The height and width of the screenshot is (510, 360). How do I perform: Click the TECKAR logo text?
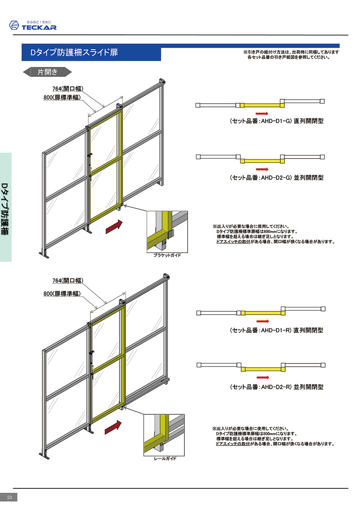pyautogui.click(x=39, y=27)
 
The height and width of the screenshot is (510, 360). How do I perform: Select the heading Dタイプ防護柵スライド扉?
pyautogui.click(x=74, y=52)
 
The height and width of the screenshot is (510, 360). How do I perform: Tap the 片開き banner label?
pyautogui.click(x=47, y=72)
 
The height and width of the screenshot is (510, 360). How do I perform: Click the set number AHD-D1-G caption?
pyautogui.click(x=276, y=121)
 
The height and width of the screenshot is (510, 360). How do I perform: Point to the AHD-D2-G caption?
pyautogui.click(x=276, y=177)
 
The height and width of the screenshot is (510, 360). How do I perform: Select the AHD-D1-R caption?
pyautogui.click(x=276, y=330)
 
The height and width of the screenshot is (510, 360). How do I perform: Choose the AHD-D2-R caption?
pyautogui.click(x=276, y=387)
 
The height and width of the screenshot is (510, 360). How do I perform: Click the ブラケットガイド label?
pyautogui.click(x=167, y=255)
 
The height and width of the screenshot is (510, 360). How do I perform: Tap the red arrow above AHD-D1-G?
pyautogui.click(x=262, y=113)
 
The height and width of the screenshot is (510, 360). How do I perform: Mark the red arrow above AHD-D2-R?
pyautogui.click(x=263, y=377)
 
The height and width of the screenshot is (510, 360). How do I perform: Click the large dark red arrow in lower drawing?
pyautogui.click(x=113, y=427)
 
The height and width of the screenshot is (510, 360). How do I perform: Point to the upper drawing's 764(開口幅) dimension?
pyautogui.click(x=68, y=88)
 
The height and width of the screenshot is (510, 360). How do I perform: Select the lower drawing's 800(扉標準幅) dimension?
pyautogui.click(x=62, y=294)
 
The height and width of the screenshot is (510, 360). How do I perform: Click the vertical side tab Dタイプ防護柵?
pyautogui.click(x=5, y=209)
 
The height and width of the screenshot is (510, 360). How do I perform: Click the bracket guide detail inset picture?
pyautogui.click(x=167, y=231)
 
